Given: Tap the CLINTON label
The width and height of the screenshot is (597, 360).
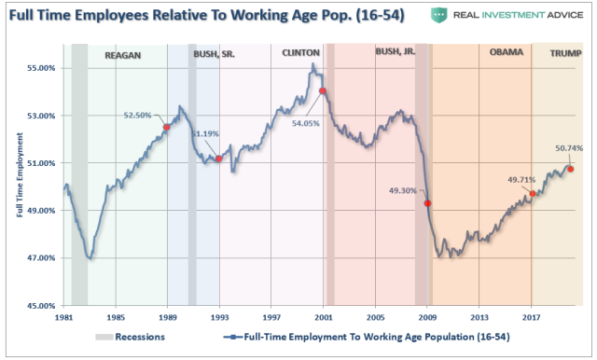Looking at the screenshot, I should click(x=301, y=53).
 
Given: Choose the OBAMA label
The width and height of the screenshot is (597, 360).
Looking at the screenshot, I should click(x=507, y=53).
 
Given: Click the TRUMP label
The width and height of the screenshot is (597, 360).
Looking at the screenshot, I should click(x=564, y=53).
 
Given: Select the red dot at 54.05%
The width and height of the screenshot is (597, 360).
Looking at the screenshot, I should click(x=323, y=91).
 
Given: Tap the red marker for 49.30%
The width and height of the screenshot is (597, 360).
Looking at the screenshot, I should click(x=427, y=203).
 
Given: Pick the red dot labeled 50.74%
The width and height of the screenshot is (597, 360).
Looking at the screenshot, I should click(x=570, y=169).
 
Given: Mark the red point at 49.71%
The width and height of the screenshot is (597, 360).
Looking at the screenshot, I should click(x=533, y=194).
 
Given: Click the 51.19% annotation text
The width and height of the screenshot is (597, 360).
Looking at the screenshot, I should click(x=204, y=133).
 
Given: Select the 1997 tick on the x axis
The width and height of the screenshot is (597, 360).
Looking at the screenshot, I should click(x=271, y=318).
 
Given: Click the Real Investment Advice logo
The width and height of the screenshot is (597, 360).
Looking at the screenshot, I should click(x=505, y=16).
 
